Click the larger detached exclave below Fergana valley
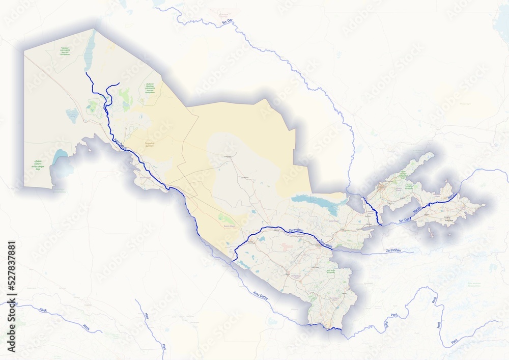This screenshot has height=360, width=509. point(432,232)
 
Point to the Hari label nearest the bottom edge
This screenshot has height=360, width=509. point(164,347)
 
